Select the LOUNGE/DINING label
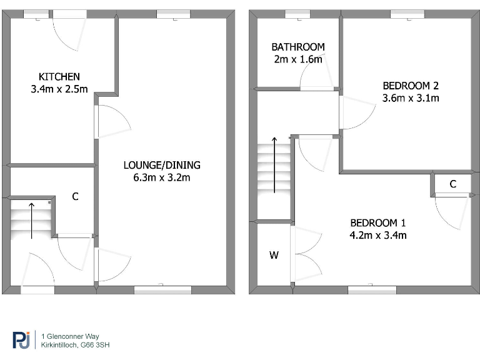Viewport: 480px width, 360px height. [162, 165]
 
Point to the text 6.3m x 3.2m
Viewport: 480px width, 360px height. [162, 177]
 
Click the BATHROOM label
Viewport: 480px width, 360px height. [297, 47]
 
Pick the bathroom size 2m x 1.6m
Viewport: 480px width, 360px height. [297, 59]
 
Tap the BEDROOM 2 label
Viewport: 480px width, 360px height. [411, 86]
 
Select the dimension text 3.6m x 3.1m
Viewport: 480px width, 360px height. [411, 98]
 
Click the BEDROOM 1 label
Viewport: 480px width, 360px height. [378, 223]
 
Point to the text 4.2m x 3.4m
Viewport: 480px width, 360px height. [378, 236]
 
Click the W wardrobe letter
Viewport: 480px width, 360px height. [274, 255]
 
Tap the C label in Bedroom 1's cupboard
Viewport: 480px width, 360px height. [452, 184]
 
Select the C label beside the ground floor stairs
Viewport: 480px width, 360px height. [75, 196]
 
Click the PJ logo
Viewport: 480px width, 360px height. [21, 339]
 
